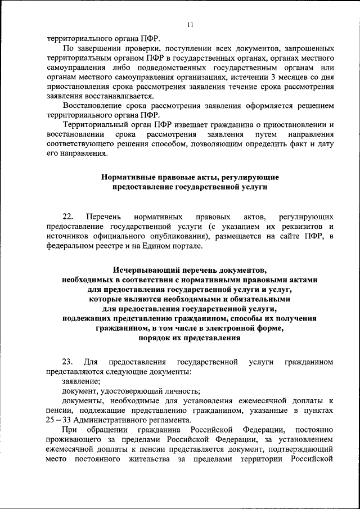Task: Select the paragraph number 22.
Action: (x=68, y=217)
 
